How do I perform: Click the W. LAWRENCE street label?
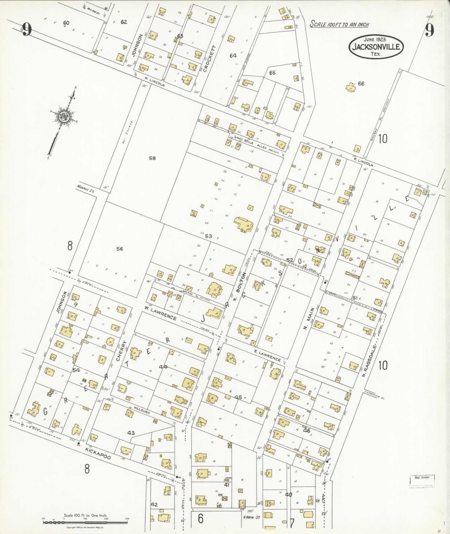tap(160, 312)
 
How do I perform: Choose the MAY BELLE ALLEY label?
tap(252, 143)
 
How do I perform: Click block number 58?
tap(152, 158)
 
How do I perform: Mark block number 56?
tap(120, 249)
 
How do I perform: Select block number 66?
tap(361, 83)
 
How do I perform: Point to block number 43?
tap(131, 433)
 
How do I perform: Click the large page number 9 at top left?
tap(27, 30)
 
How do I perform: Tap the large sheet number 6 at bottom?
tap(201, 518)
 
